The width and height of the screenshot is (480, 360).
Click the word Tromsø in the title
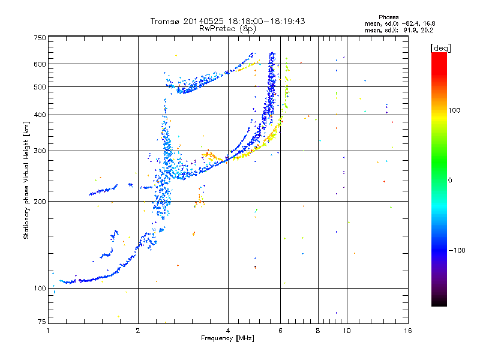165,21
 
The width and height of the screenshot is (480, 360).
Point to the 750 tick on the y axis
40,37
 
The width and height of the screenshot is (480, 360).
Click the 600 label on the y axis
40,64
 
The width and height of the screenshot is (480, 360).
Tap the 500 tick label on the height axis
40,86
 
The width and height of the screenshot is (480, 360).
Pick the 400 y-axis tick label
40,115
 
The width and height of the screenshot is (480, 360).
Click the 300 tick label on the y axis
40,151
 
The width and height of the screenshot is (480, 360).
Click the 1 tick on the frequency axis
48,331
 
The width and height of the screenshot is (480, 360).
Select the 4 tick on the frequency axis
228,331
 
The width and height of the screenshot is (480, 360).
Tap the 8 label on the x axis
318,331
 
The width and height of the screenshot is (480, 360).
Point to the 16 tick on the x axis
407,331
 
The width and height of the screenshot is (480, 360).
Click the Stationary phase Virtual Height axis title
26,180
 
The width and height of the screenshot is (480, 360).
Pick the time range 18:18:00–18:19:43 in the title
254,21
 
